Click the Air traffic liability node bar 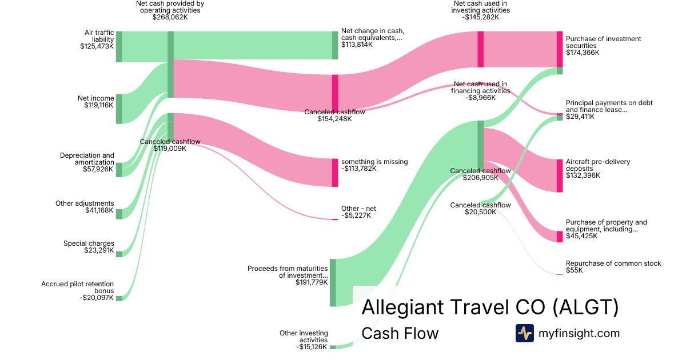119,46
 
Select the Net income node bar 119,109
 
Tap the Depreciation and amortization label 87,162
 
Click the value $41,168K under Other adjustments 99,210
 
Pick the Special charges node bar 119,254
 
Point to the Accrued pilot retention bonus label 78,291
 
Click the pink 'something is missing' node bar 335,173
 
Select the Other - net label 358,212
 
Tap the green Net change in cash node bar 335,45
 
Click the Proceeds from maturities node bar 333,282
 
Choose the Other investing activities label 304,340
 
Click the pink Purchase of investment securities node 560,49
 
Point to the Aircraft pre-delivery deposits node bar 560,176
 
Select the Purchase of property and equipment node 560,237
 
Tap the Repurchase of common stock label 613,267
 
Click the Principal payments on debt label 609,110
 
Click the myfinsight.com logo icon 525,333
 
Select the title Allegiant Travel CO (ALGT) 490,307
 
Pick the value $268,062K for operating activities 170,17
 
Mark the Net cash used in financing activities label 481,91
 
